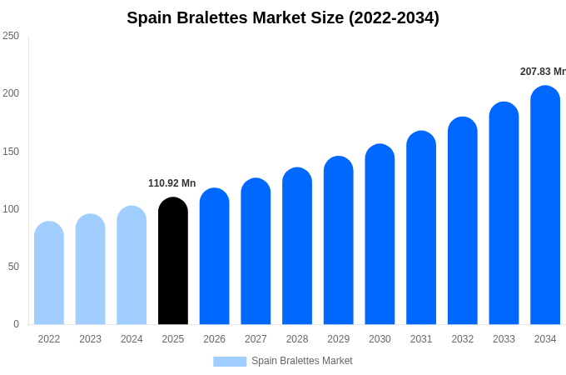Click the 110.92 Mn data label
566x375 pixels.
[x=171, y=183]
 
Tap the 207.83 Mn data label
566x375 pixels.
[x=543, y=72]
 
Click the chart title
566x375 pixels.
[x=283, y=17]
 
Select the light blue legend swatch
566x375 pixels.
[x=230, y=362]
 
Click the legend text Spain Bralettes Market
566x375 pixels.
[x=302, y=361]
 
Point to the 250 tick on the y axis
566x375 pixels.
[x=11, y=36]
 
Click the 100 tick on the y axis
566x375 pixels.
[x=11, y=209]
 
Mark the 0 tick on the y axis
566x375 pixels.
[x=16, y=324]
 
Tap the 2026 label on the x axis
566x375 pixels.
[x=214, y=339]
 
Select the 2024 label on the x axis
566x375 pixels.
[x=132, y=339]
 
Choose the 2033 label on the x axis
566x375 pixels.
[x=504, y=339]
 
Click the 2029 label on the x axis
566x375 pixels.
[x=338, y=339]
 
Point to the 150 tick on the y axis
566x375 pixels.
[x=11, y=152]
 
